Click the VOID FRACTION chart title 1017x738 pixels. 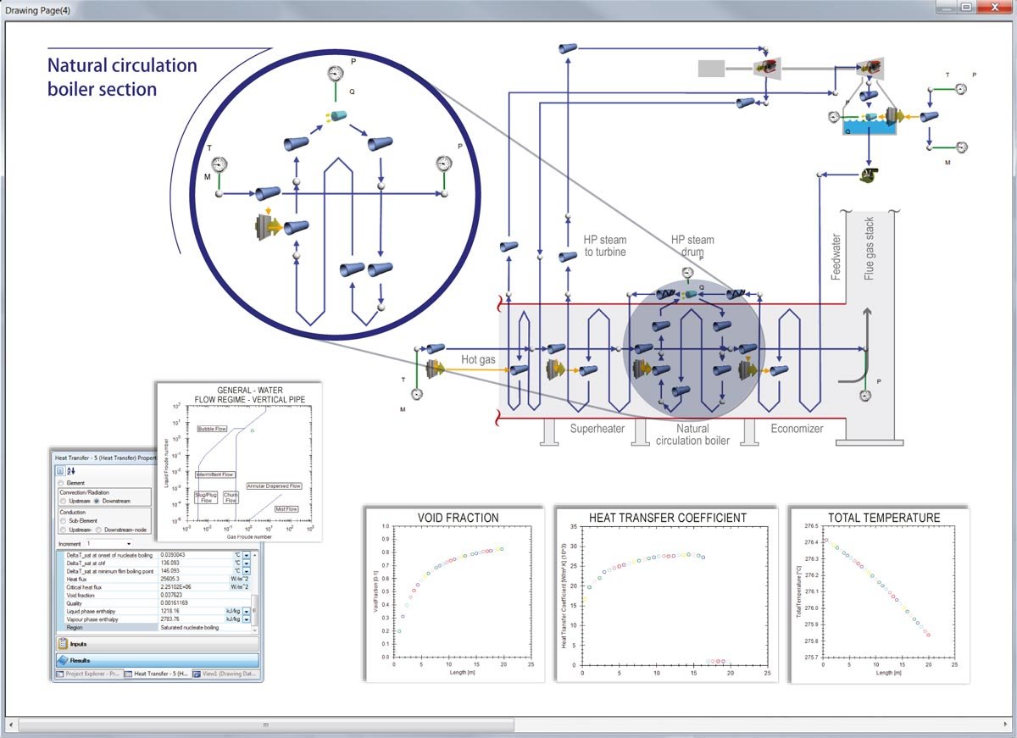(x=458, y=518)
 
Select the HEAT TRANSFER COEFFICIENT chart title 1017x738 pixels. (x=667, y=518)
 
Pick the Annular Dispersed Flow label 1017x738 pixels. (x=274, y=486)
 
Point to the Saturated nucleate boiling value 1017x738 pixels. (x=190, y=627)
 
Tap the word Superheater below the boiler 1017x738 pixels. (x=597, y=429)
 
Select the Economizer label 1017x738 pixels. (x=797, y=429)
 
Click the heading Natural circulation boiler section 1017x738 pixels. (x=121, y=77)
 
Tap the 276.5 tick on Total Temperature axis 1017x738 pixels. (x=810, y=525)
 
